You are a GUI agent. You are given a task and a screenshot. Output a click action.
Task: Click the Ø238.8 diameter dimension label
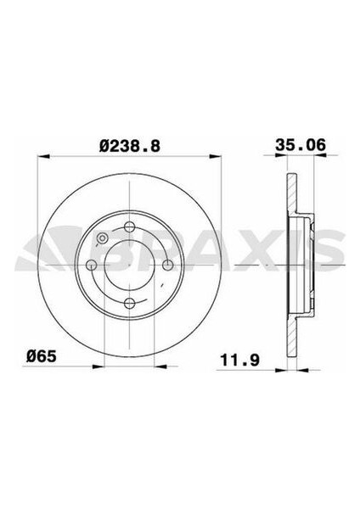pos(129,145)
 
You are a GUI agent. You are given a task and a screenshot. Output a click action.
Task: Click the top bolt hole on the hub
pos(129,226)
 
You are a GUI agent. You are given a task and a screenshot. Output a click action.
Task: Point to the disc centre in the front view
pos(129,266)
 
